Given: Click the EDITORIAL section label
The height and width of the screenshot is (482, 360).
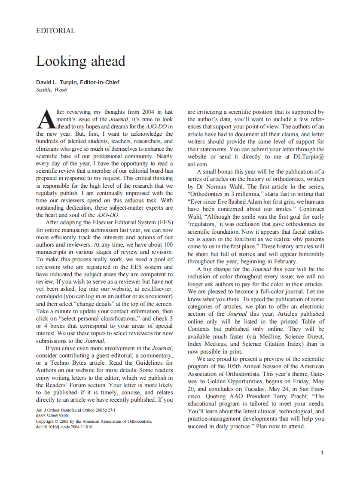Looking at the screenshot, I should click(x=55, y=31).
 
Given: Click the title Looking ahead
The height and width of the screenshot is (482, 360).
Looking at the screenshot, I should click(x=80, y=61).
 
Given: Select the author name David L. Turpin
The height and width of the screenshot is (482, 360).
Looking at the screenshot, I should click(x=57, y=82).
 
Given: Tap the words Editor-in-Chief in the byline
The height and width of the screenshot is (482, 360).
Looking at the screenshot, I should click(x=100, y=82).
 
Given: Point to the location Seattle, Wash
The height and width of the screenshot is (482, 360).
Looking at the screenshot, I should click(x=51, y=90).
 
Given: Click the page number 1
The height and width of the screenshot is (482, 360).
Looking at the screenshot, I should click(x=322, y=452).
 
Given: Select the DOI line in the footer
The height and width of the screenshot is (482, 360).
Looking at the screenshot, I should click(x=64, y=427).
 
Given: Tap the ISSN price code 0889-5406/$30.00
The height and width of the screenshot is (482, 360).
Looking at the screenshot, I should click(x=52, y=416).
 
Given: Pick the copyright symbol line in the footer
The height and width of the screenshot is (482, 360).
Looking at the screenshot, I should click(x=94, y=421).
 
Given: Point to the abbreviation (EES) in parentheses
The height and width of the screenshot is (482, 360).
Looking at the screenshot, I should click(x=163, y=223).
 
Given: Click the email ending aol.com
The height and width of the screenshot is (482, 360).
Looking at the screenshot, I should click(x=198, y=164).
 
